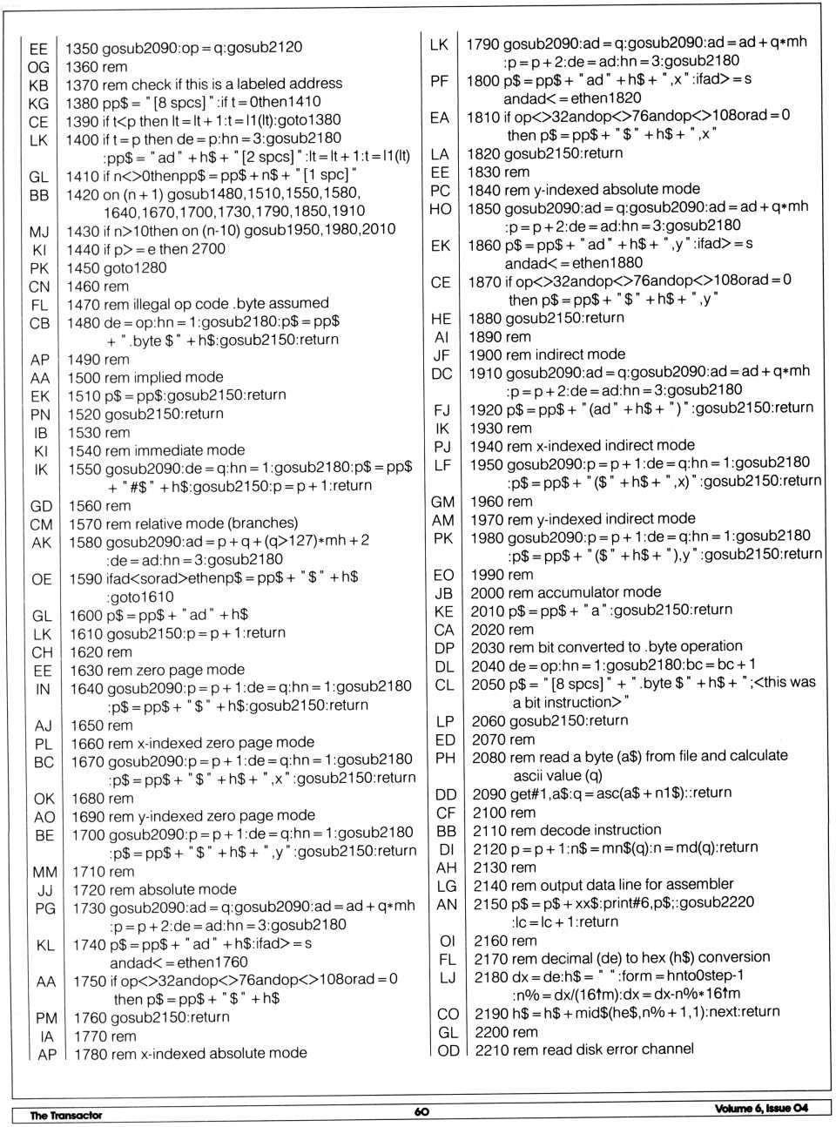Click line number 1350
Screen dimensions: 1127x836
83,48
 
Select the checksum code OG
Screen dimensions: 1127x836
38,67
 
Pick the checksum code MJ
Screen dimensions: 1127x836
39,232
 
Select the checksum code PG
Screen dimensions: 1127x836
44,908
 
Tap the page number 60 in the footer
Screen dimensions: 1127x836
421,1112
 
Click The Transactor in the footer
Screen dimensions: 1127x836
66,1115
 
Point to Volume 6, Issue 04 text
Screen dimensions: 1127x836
761,1108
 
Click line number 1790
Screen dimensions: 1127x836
482,44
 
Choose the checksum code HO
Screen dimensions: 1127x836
441,209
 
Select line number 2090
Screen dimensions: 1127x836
490,793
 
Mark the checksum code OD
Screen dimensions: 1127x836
448,1050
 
